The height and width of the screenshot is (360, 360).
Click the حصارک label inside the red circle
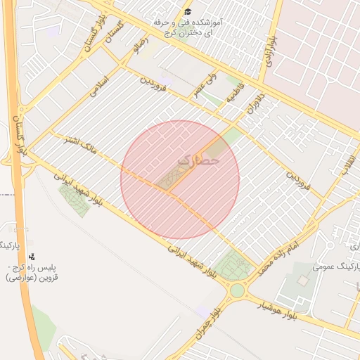click(199, 160)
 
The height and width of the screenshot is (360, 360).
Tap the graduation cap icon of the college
click(187, 12)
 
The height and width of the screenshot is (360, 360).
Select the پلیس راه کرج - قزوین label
click(34, 273)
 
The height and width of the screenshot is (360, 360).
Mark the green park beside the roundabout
click(233, 266)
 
